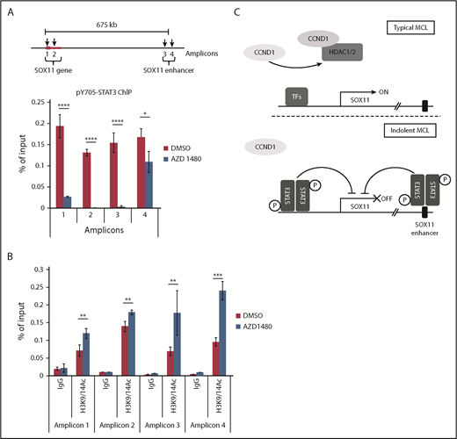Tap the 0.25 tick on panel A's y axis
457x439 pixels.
pos(29,101)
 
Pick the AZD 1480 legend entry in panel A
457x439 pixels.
pos(195,152)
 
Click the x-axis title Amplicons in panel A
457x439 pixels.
pos(91,236)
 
